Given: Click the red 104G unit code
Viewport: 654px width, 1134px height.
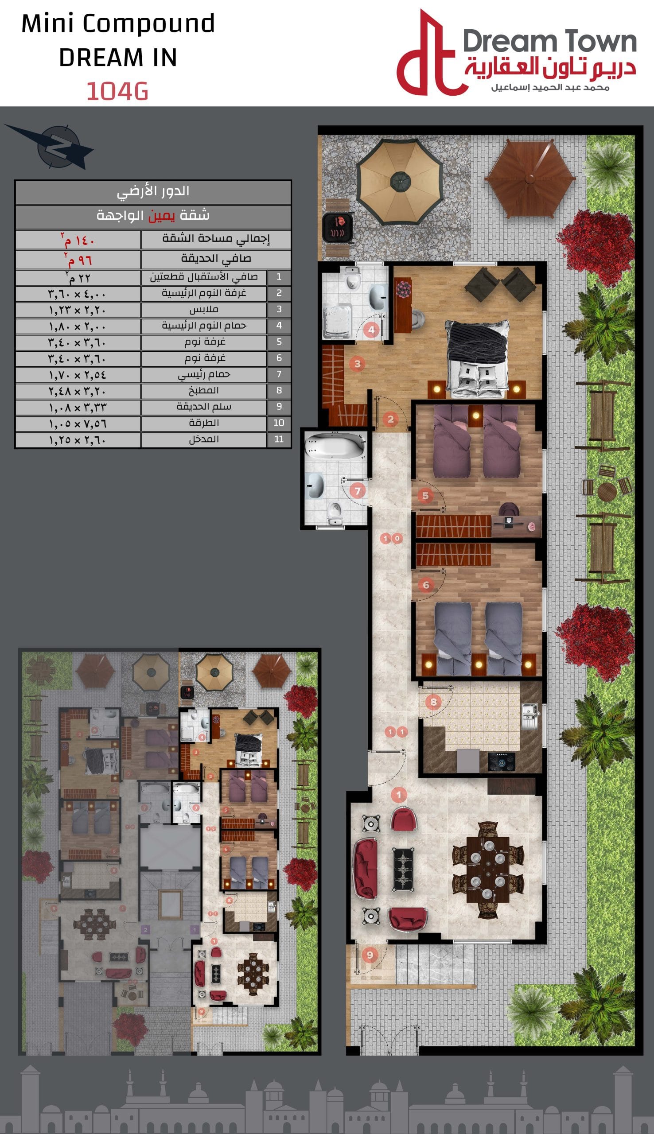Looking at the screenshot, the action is (x=117, y=91).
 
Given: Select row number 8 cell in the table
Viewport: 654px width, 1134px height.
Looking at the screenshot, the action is (x=279, y=390).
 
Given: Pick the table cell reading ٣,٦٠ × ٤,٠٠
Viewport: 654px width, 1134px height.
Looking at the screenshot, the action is (x=78, y=294).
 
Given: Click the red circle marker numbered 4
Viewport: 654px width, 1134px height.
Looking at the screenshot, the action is (x=371, y=330).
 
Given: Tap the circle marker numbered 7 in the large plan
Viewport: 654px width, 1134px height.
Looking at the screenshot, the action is (x=358, y=491).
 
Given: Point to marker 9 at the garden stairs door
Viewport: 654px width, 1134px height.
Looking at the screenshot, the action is (x=370, y=955).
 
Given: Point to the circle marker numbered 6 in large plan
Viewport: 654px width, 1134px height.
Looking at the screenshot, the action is (x=425, y=585).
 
